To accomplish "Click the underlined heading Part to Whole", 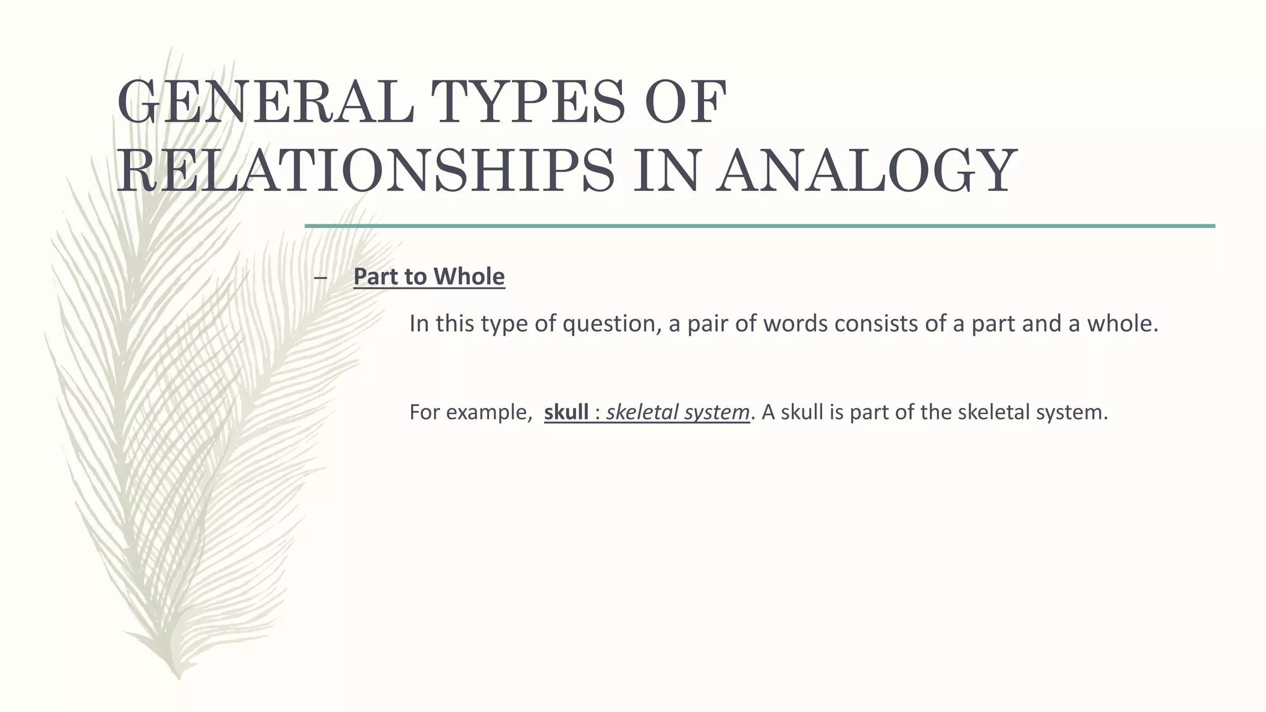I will tap(429, 276).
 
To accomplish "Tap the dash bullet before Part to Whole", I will tap(320, 278).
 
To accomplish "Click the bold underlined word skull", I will tap(566, 412).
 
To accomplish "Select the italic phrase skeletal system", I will tap(678, 412).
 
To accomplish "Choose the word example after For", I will tap(489, 412).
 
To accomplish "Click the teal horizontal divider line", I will tap(760, 226).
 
